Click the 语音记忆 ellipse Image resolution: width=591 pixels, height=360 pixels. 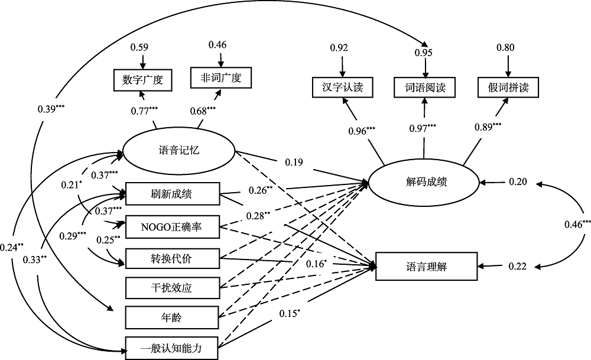coord(179,150)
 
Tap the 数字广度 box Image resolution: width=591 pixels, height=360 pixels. coord(142,80)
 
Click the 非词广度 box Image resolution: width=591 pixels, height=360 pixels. coord(220,77)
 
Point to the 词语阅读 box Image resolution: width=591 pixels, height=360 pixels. coord(425,88)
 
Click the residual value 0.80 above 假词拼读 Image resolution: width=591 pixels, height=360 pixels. coord(505,47)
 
